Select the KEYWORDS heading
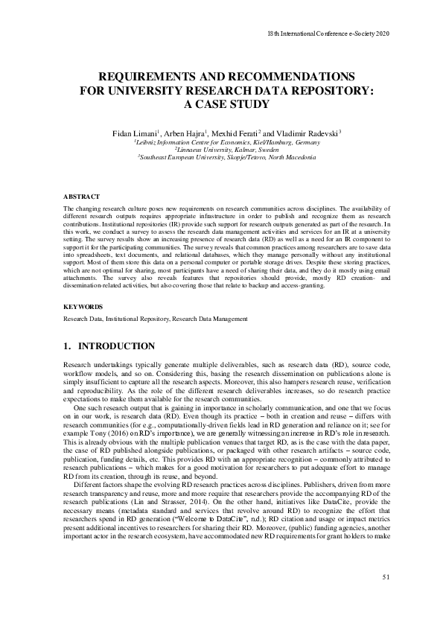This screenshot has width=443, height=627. point(83,306)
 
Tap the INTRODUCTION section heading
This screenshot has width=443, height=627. point(116,346)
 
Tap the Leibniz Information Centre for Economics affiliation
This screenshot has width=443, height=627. point(227,141)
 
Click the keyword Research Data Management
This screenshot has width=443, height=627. point(210,319)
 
